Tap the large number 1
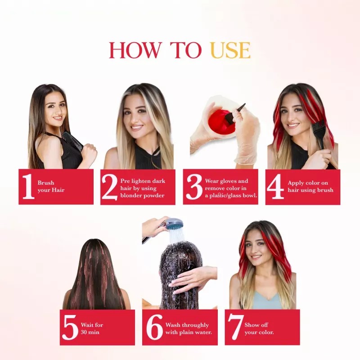pos(28,187)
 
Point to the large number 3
pos(193,187)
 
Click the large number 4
pos(275,187)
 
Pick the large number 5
pos(70,327)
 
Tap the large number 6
pos(154,327)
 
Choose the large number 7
pos(236,327)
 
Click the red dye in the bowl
pos(220,121)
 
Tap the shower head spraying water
pos(173,224)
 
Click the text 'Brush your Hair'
pos(51,186)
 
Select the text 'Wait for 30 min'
pos(92,328)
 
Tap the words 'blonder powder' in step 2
pos(142,195)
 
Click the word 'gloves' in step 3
pos(228,181)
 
